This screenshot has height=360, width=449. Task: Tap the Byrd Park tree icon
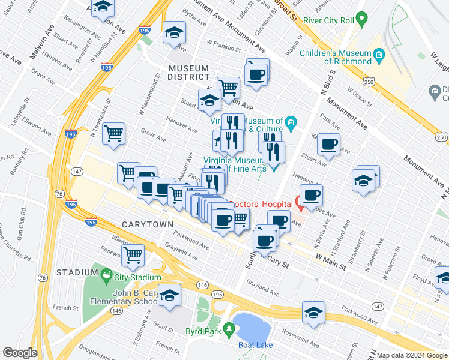(228, 329)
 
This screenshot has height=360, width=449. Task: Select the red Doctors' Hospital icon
(300, 204)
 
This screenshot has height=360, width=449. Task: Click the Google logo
(20, 352)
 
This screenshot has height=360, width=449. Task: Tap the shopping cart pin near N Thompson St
(113, 133)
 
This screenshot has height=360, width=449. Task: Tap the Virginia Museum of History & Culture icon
(291, 124)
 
